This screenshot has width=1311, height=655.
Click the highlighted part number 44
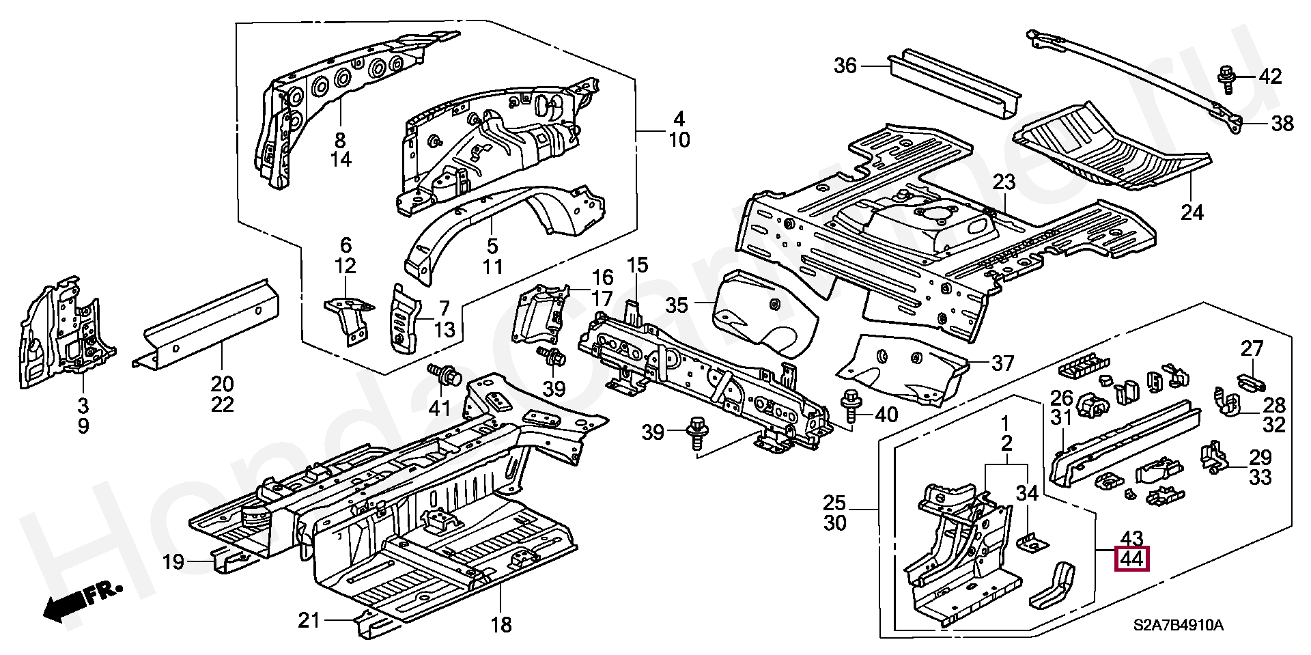coord(1132,559)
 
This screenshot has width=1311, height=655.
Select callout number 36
coord(845,66)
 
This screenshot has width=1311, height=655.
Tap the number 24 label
coord(1192,212)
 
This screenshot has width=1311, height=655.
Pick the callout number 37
coord(1002,363)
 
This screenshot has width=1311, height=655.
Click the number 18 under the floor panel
coord(501,624)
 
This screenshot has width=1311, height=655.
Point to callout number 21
coord(309,620)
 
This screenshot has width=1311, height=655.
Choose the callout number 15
coord(636,265)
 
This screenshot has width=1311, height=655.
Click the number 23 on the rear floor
coord(1004,182)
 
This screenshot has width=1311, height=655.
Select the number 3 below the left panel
coord(82,406)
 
